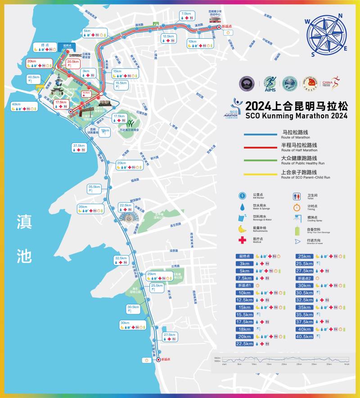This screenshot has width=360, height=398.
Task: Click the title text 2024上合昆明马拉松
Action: [x=297, y=106]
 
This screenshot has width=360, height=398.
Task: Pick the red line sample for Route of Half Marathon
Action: [x=260, y=147]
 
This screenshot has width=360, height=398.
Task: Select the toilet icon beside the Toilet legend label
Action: [x=297, y=196]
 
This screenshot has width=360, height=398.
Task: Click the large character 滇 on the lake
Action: [x=24, y=221]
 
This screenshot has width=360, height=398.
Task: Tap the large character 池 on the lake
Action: [x=24, y=255]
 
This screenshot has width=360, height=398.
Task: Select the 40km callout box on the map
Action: [x=25, y=107]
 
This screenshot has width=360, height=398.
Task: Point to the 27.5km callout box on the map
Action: [x=170, y=337]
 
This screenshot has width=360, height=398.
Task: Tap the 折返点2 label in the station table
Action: [x=304, y=278]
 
